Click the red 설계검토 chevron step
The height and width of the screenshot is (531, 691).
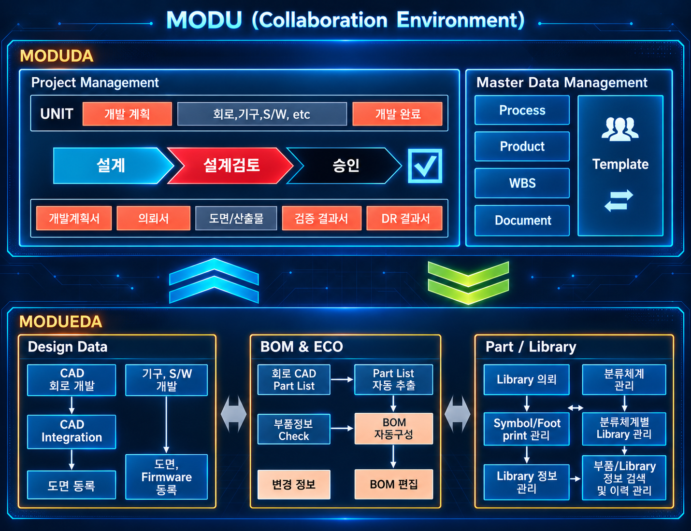[230, 166]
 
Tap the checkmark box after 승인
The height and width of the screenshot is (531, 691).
[425, 166]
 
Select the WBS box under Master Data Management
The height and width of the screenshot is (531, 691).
[522, 183]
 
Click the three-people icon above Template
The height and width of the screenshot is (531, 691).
[620, 129]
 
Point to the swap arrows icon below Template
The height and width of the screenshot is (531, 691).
[619, 200]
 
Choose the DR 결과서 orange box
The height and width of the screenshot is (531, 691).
[404, 219]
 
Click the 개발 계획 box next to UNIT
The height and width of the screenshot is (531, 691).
[127, 114]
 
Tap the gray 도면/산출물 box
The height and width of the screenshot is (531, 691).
[236, 219]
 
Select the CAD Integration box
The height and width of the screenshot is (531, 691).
[72, 432]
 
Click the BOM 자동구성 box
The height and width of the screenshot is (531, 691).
[394, 429]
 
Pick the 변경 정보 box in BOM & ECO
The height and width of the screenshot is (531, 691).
[294, 484]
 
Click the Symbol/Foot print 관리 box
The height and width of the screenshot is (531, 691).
[527, 429]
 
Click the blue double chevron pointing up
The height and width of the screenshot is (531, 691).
[214, 281]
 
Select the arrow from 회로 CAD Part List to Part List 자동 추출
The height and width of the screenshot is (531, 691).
[342, 379]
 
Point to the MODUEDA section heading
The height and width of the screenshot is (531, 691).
[61, 321]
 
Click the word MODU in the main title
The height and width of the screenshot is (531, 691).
[204, 20]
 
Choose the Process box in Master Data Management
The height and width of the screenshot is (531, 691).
[522, 110]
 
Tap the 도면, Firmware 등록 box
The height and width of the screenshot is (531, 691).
[166, 477]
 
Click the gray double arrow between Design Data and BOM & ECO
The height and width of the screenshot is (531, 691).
[234, 414]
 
